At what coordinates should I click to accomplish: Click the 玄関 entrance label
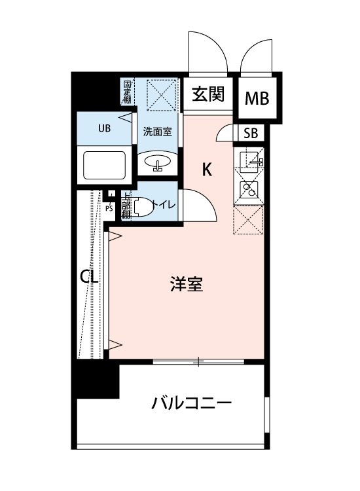point(208,95)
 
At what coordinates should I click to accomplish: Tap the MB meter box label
point(257,100)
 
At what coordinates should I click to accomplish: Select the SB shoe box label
point(251,134)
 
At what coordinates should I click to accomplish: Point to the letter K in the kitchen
point(206,170)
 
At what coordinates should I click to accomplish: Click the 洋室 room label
point(186,285)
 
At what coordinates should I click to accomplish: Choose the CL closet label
point(89,277)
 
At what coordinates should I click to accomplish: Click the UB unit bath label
point(105,128)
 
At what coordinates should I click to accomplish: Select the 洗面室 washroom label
point(157,131)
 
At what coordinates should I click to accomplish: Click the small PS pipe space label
point(109,208)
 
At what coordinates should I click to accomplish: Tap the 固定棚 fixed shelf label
point(127,92)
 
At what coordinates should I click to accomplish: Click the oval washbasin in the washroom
point(158,161)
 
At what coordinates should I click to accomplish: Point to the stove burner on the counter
point(249,190)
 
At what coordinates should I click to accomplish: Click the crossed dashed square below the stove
point(249,219)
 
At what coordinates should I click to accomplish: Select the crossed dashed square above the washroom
point(161,95)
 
